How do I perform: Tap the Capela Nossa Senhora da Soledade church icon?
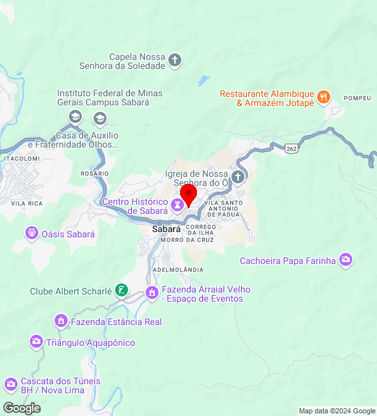pos(174,61)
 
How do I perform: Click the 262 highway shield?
pos(292,149)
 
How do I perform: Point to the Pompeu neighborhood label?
pos(357,98)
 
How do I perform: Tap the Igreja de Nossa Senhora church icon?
pos(238,177)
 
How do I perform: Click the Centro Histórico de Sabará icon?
pos(176,205)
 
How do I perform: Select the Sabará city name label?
pos(166,229)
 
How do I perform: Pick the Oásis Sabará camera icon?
pos(31,233)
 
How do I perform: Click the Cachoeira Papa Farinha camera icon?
pos(346,260)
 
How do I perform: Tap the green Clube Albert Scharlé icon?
pos(121,291)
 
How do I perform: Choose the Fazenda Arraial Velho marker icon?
pos(152,293)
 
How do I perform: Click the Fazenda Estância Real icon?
pos(61,321)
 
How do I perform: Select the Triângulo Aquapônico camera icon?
pos(35,342)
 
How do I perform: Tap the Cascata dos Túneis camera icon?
pos(10,385)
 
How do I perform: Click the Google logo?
pos(21,408)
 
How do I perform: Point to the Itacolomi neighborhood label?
pos(22,158)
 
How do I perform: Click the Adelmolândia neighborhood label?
pos(177,269)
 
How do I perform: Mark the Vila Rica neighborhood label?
pos(27,203)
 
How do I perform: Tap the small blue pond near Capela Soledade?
pos(204,81)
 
